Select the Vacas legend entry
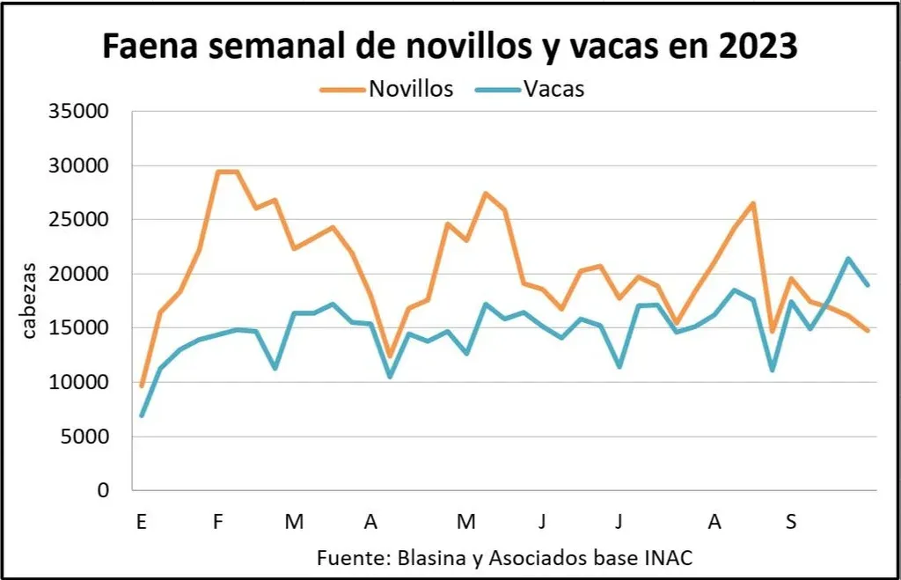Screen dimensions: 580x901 [554, 89]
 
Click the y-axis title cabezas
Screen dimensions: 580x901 [29, 300]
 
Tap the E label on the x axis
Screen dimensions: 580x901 [140, 522]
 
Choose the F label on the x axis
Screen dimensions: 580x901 [217, 522]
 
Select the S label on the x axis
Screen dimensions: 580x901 [791, 522]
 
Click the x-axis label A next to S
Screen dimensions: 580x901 [714, 522]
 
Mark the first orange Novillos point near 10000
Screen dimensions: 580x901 [142, 385]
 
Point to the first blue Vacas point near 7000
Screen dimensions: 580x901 [142, 415]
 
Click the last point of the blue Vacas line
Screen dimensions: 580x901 [868, 285]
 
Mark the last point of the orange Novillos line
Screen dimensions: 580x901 [868, 331]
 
